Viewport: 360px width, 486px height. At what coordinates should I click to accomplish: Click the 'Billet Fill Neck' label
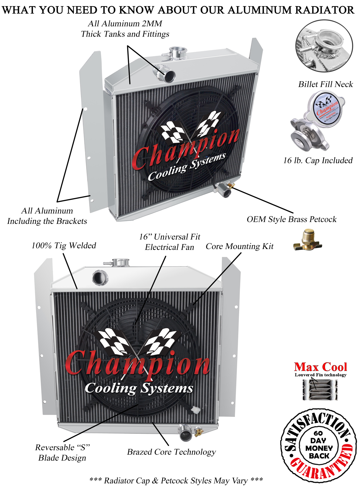(x=325, y=84)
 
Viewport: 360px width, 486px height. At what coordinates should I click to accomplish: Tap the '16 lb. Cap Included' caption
(x=318, y=160)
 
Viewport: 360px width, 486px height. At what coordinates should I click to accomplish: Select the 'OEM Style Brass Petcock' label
(x=291, y=219)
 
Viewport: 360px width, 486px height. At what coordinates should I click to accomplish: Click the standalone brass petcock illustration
(x=307, y=240)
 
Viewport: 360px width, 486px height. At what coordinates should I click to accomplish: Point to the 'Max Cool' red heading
(x=320, y=367)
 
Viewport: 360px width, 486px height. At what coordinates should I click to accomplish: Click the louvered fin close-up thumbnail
(x=320, y=390)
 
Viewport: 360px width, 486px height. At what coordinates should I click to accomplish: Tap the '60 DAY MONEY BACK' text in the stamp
(x=319, y=444)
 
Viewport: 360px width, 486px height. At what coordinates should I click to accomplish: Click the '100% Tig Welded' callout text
(x=64, y=246)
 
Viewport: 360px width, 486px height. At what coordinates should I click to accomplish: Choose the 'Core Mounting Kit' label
(x=239, y=246)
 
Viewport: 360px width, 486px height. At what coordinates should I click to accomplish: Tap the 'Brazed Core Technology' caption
(x=171, y=452)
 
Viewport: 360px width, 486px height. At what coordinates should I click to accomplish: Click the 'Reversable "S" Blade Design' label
(x=62, y=453)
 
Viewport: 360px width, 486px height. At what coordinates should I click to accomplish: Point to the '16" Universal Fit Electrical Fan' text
(x=170, y=242)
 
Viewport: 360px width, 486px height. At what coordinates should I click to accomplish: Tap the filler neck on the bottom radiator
(x=121, y=263)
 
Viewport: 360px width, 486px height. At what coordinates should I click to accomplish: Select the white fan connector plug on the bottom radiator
(x=196, y=410)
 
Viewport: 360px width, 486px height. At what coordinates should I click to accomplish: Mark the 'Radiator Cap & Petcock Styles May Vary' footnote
(x=176, y=480)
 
